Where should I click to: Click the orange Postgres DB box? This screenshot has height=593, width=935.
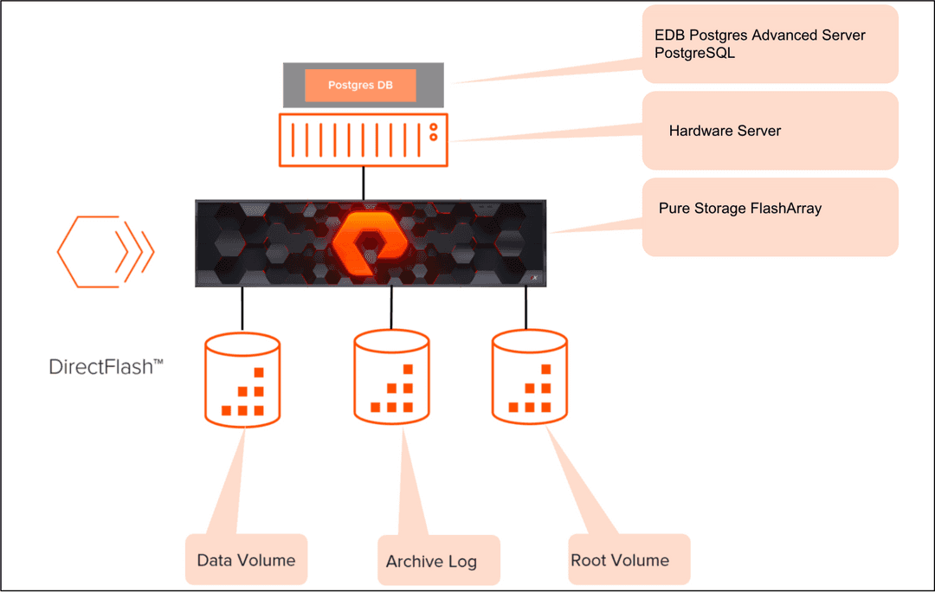click(360, 86)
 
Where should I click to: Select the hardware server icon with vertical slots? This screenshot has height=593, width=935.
click(363, 139)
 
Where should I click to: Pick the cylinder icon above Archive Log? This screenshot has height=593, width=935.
click(391, 377)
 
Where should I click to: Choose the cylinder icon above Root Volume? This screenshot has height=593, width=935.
click(530, 377)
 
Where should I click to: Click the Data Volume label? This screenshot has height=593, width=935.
click(246, 560)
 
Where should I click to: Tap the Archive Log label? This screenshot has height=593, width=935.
click(431, 562)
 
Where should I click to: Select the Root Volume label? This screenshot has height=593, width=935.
click(620, 560)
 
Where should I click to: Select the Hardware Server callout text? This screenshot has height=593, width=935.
click(725, 131)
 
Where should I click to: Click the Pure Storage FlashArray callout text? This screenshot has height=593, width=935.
click(740, 208)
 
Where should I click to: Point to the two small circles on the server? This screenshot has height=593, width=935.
click(434, 131)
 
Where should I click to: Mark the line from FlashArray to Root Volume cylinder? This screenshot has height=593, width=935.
click(526, 306)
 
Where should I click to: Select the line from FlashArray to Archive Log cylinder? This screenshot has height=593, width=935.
click(391, 308)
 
